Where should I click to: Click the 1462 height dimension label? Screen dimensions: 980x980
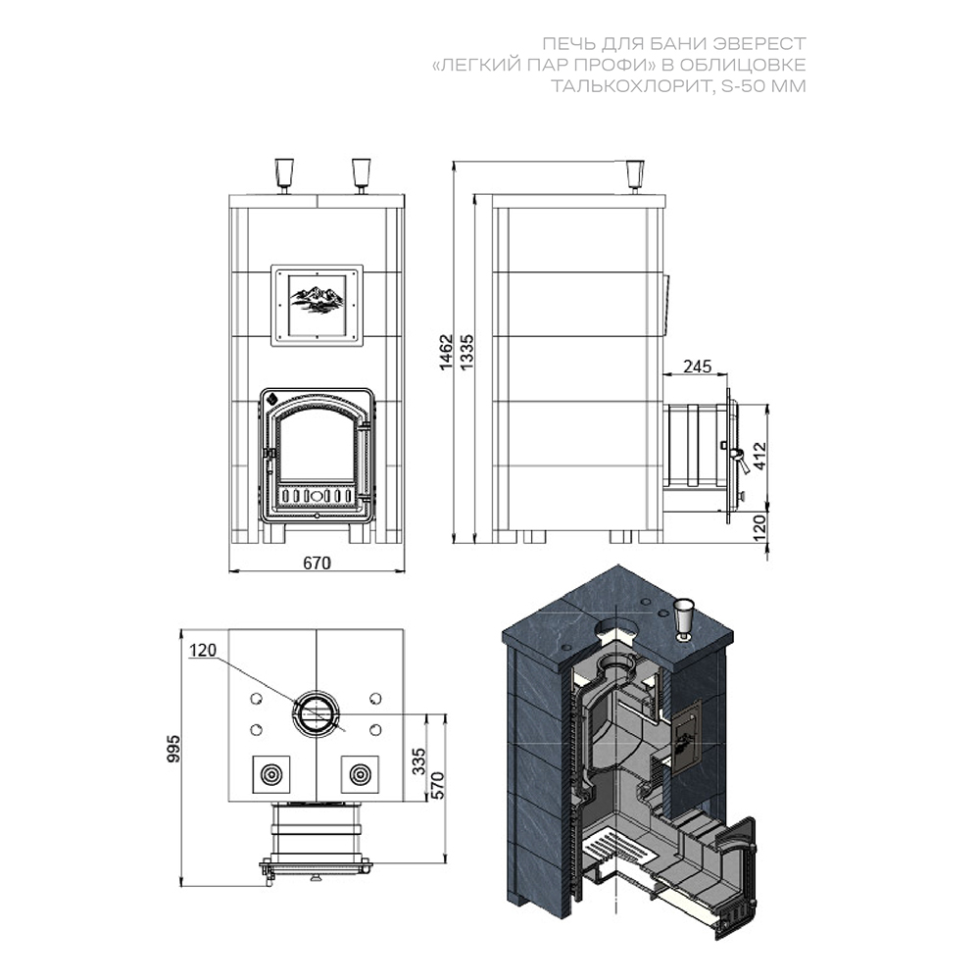[446, 353]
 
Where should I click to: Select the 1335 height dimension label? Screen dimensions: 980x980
[466, 353]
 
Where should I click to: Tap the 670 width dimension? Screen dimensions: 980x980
[317, 563]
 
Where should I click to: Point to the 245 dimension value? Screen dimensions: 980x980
[697, 366]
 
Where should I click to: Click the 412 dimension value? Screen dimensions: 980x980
[759, 457]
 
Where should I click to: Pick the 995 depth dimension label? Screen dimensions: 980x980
[173, 749]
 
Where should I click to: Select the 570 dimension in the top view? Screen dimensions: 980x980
[436, 786]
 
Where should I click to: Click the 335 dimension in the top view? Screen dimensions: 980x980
[418, 761]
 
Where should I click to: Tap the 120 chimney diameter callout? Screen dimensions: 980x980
[203, 650]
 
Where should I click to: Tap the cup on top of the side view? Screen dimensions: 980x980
[635, 176]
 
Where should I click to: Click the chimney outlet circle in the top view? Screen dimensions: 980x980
[317, 712]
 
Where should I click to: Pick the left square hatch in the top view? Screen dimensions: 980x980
[271, 774]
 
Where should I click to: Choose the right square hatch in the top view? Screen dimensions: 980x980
[360, 774]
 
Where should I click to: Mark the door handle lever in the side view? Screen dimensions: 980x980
[741, 461]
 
